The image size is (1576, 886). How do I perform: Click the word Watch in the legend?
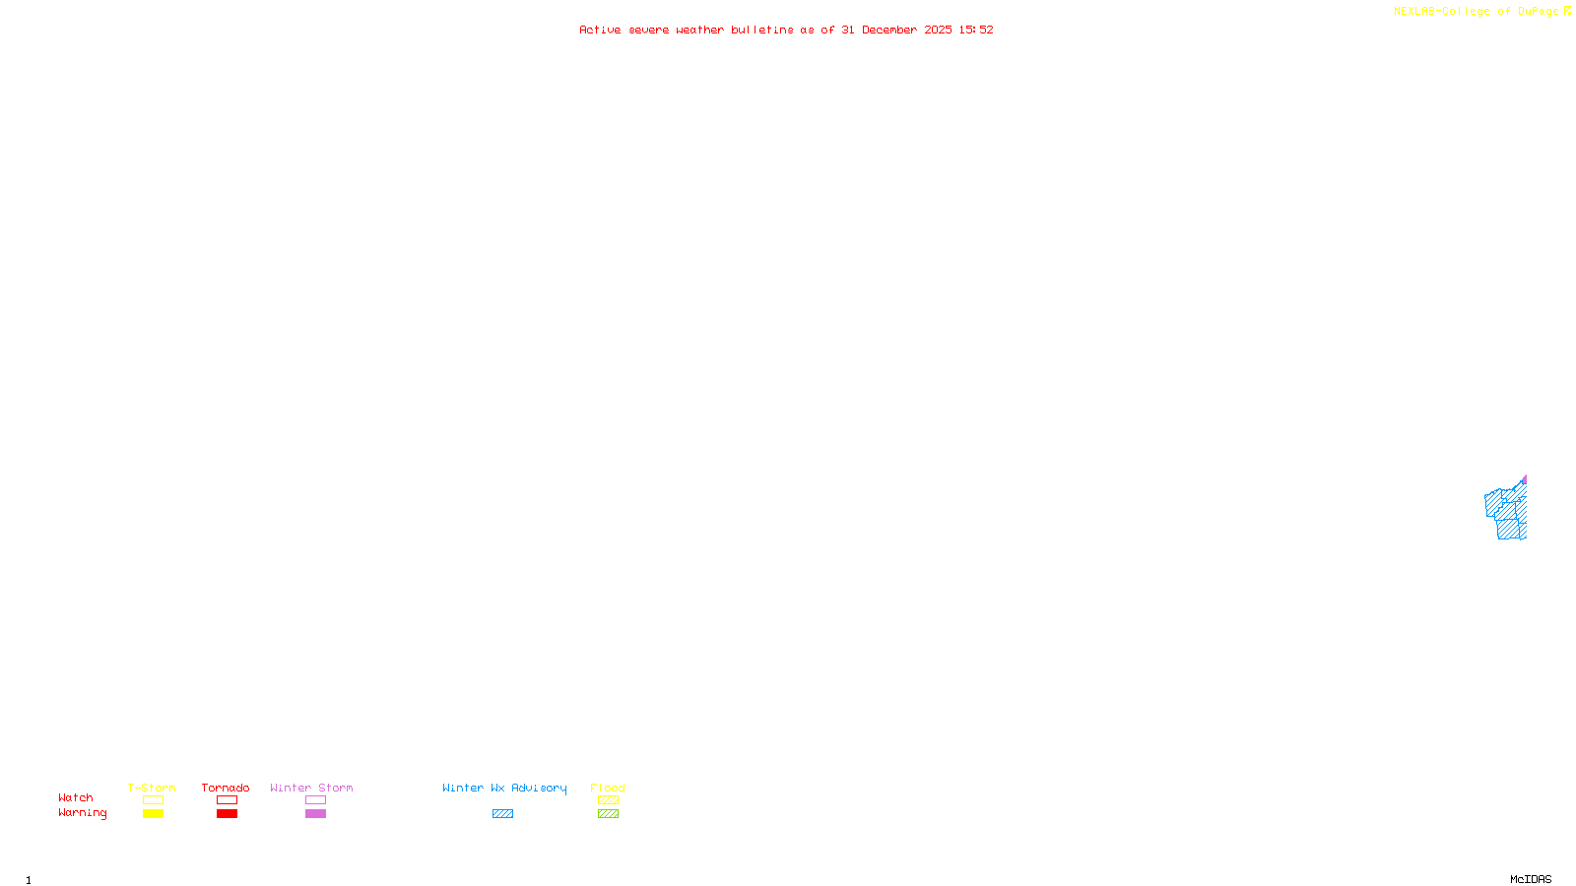(76, 798)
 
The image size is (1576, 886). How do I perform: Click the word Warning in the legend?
(82, 813)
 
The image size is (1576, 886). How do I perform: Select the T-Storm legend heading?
(152, 788)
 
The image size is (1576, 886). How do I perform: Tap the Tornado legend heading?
(226, 788)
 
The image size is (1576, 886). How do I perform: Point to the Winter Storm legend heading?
(311, 788)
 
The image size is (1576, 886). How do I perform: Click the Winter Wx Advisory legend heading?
(504, 788)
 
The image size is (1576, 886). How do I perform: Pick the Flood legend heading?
(608, 788)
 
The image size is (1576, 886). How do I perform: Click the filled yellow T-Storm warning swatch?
(153, 814)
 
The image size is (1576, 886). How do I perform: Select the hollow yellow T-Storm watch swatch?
(153, 800)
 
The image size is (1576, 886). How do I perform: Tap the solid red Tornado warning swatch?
(228, 814)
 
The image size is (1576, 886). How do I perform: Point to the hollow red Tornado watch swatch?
(228, 800)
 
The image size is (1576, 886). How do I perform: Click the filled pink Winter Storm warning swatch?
(315, 814)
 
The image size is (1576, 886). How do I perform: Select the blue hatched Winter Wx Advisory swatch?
(502, 814)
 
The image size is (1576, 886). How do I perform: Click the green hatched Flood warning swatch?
(609, 814)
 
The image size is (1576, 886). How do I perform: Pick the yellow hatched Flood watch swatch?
(609, 800)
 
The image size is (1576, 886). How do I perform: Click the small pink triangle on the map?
(1524, 480)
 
